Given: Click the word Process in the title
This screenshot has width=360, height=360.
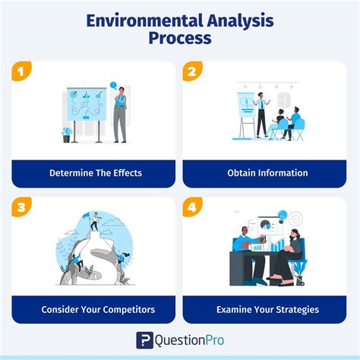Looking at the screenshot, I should tap(180, 39).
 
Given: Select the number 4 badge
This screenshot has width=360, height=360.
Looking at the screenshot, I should tap(192, 207).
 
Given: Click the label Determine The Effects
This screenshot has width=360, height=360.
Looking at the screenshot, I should tap(96, 173).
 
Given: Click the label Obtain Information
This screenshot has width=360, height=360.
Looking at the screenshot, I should tap(267, 173).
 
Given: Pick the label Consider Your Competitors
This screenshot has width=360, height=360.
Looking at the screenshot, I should tap(96, 309).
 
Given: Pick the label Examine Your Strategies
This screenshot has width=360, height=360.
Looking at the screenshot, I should tap(267, 309).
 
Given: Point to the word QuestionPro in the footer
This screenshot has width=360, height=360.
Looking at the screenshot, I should tap(189, 340).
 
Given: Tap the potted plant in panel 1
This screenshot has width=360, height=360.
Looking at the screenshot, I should tap(67, 135).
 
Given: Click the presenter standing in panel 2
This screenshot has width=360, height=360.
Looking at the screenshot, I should tap(261, 114).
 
